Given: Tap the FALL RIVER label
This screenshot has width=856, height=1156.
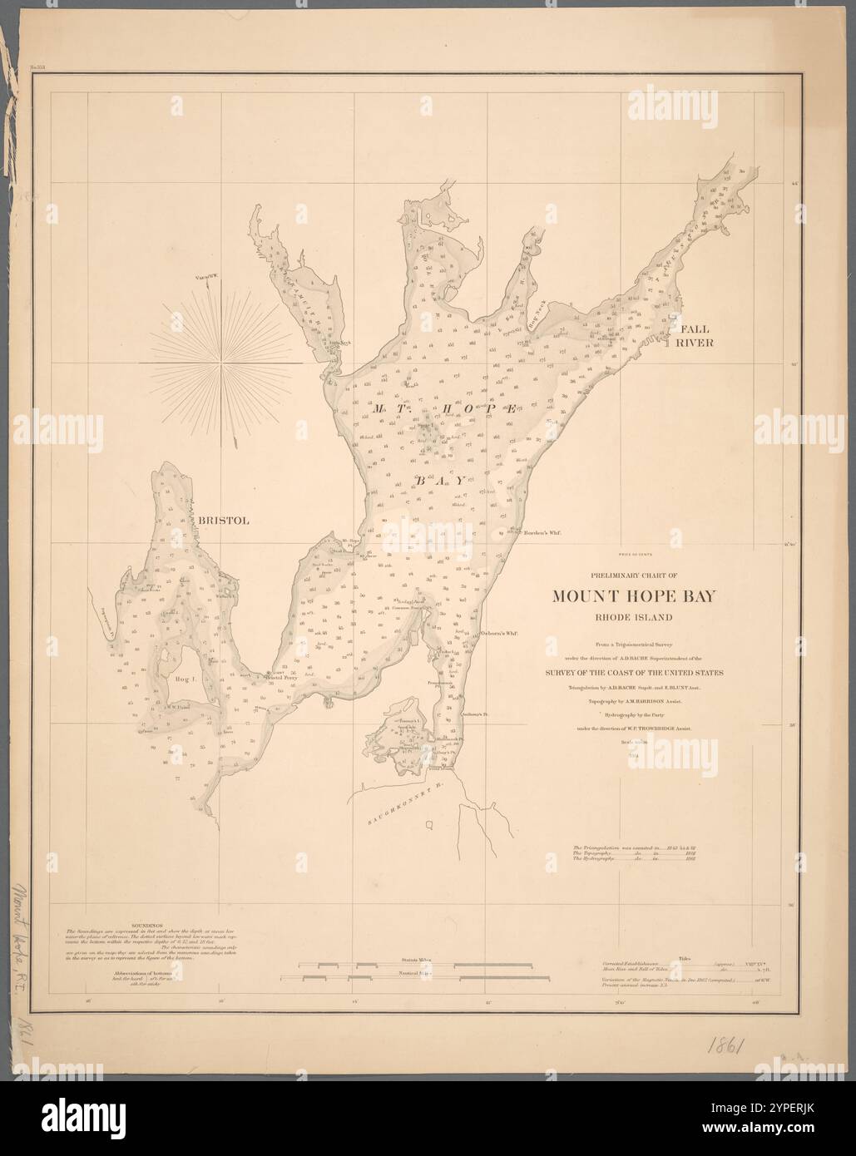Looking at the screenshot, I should coord(695,335).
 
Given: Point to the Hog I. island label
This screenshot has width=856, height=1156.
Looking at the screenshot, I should coord(184,679).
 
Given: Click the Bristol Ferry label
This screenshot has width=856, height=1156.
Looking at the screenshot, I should coord(280,677).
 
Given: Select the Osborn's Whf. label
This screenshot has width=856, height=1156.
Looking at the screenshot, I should coord(500,633).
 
